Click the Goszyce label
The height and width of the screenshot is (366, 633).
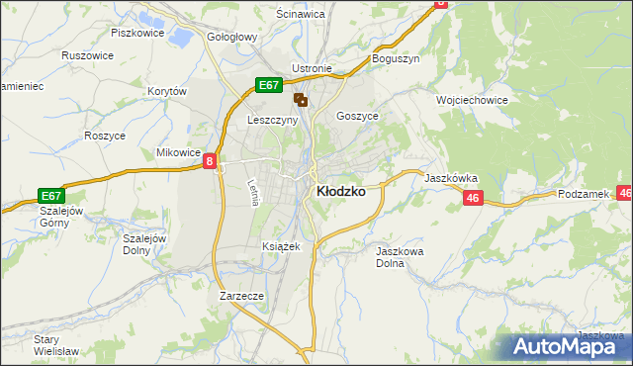pos(357,116)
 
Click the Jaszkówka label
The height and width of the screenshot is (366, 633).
pos(451,178)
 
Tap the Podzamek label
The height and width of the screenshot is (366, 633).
pos(583,195)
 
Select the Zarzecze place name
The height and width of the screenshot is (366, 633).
pos(241,295)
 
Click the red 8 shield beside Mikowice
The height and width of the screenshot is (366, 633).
pos(211,161)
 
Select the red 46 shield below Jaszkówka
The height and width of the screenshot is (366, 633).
pos(472,199)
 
